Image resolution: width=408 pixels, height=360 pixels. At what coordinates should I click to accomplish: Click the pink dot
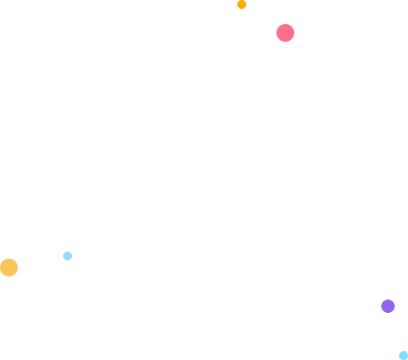[285, 33]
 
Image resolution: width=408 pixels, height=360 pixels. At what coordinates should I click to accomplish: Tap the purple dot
[388, 306]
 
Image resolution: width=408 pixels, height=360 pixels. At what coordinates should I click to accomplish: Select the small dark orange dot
[242, 4]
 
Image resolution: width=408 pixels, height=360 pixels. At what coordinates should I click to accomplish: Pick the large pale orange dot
[9, 268]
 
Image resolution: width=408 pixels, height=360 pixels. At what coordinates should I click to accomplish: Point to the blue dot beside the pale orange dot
[68, 256]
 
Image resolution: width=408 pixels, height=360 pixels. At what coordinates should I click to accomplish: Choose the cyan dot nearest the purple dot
[404, 356]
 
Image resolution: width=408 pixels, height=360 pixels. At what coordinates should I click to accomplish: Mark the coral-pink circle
[285, 33]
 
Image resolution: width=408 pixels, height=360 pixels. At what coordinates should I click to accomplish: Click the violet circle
[388, 306]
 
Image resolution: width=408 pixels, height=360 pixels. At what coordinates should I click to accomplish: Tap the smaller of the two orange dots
[242, 4]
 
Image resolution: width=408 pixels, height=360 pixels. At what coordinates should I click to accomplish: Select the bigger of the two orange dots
[9, 268]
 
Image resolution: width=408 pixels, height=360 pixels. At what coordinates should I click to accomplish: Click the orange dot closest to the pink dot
[242, 4]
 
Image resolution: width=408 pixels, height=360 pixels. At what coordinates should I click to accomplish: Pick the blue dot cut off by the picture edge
[404, 356]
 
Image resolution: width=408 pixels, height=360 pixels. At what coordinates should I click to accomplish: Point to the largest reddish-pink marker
[285, 33]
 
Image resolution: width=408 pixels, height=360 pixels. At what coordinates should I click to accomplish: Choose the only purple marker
[388, 306]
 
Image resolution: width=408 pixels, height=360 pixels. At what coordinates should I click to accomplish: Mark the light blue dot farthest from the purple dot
[68, 256]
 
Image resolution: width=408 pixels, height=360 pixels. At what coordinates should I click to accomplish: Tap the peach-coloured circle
[9, 268]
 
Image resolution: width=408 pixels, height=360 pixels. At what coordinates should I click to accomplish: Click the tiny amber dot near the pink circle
[242, 4]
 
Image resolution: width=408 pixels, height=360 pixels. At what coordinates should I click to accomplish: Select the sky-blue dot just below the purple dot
[404, 356]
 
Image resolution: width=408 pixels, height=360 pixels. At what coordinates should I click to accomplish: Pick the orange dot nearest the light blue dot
[9, 268]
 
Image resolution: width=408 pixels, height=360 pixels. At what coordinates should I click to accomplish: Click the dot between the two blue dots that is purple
[388, 306]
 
